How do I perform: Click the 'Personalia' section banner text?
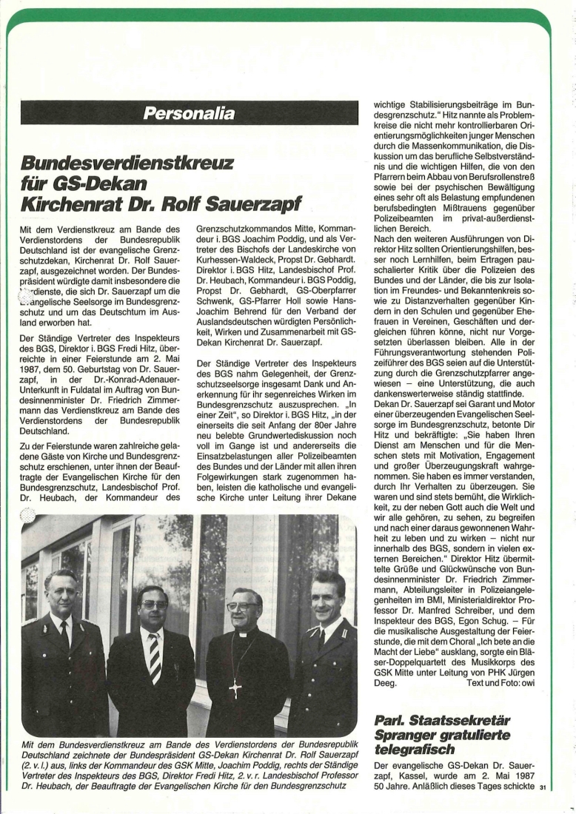189,113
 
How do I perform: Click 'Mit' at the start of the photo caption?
30,743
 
